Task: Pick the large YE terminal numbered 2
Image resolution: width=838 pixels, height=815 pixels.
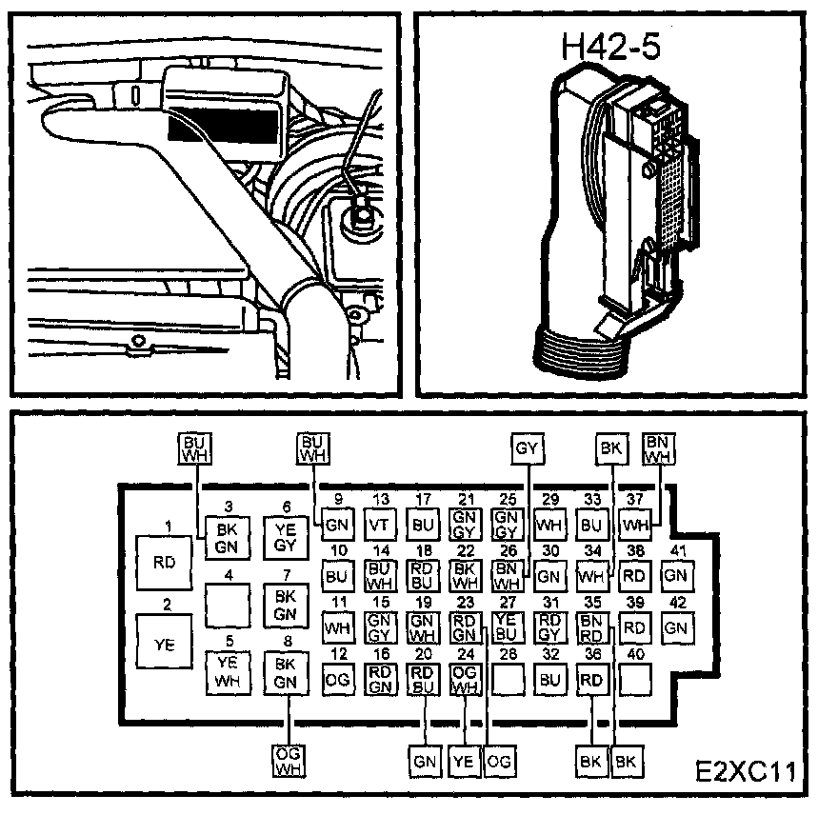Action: tap(164, 644)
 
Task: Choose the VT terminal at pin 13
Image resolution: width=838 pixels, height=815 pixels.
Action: tap(379, 523)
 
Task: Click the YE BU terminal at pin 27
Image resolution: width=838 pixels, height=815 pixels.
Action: tap(505, 626)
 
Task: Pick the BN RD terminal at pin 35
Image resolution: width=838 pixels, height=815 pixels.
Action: tap(590, 626)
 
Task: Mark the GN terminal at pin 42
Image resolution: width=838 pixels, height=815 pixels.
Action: tap(674, 627)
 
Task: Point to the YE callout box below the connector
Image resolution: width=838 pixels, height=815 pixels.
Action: tap(462, 761)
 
